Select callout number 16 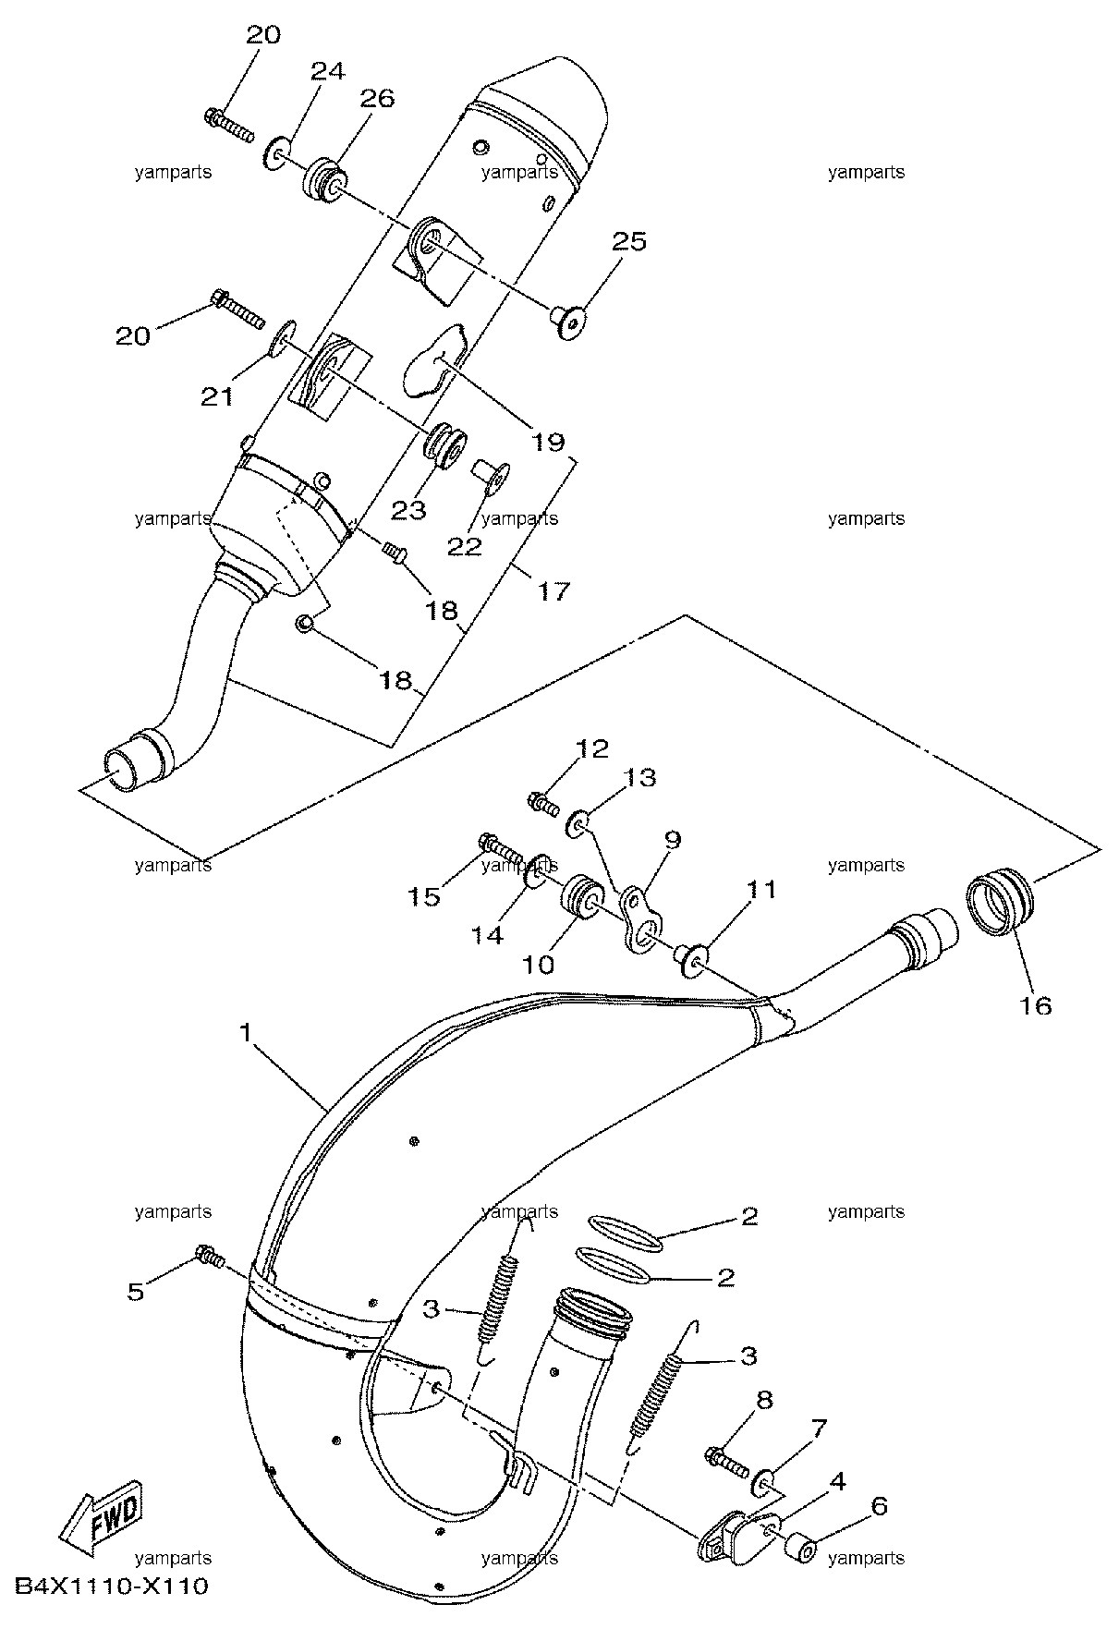click(x=1037, y=1004)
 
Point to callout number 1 click(x=245, y=1031)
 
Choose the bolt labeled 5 click(x=211, y=1257)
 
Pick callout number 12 click(x=594, y=748)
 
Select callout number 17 click(x=554, y=590)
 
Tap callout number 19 click(x=549, y=442)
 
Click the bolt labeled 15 click(x=501, y=845)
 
